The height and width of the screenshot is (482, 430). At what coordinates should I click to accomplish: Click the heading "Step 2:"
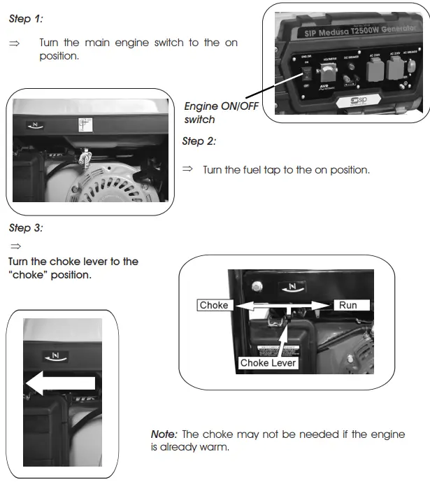coord(199,141)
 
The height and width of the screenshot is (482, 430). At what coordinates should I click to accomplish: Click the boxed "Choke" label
coord(214,305)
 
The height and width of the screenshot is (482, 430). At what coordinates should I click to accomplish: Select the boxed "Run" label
coord(348,305)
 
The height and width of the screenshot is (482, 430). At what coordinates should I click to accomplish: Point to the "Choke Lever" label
coord(268,362)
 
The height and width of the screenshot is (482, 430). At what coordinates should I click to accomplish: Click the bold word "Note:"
coord(164,434)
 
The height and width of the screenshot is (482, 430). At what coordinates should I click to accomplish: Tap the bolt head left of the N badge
coord(257,286)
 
